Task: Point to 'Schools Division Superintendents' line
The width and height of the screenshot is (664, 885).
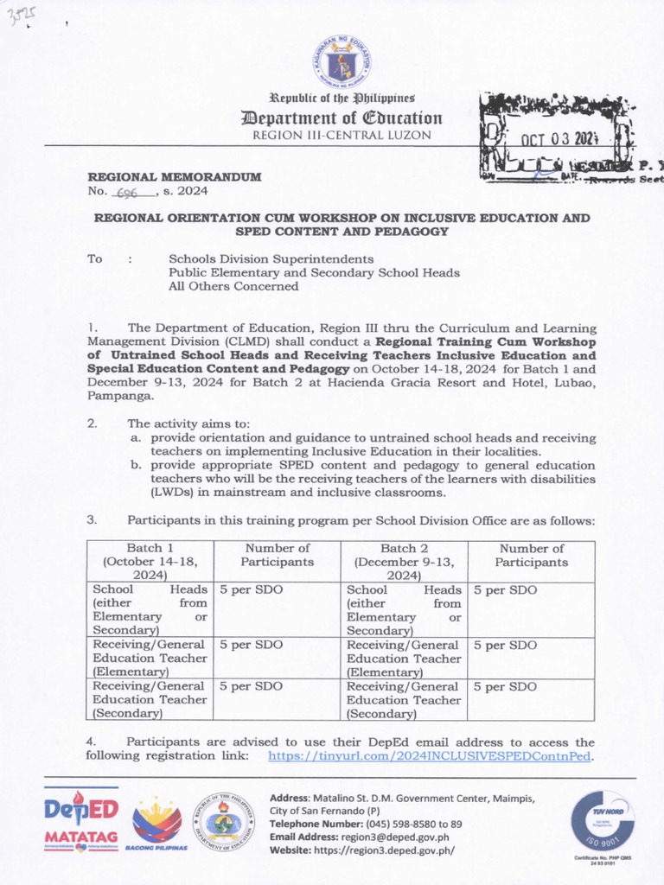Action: (x=271, y=258)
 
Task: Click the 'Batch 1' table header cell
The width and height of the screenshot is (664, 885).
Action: (x=150, y=562)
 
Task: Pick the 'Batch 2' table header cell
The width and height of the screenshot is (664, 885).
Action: (x=404, y=562)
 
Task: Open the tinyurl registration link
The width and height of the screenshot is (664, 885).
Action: (x=430, y=756)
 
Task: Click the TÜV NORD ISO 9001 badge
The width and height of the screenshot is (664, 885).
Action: (x=602, y=821)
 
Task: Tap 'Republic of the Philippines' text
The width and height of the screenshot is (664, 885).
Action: (x=342, y=99)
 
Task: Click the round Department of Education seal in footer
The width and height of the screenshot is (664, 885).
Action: (x=223, y=823)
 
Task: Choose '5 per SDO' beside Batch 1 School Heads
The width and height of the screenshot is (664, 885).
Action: (x=251, y=590)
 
